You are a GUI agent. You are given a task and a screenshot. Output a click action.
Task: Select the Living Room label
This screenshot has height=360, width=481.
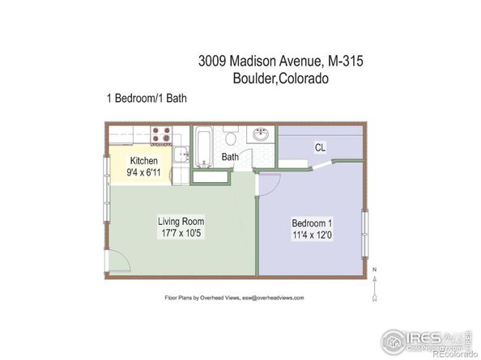[180, 221]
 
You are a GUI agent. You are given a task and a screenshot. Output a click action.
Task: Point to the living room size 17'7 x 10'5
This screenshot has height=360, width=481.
[180, 234]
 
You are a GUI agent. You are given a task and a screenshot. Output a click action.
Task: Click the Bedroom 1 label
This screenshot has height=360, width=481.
[312, 223]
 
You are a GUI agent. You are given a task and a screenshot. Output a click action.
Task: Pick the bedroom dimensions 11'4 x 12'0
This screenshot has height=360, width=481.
[312, 235]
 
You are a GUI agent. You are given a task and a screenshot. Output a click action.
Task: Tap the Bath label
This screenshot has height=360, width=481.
[231, 157]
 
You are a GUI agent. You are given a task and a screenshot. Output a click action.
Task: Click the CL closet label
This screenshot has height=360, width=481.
[321, 147]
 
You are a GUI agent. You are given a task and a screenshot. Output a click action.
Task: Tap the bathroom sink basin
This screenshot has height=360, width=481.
[260, 135]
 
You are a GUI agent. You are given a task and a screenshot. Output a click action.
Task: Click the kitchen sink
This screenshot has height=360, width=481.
[181, 154]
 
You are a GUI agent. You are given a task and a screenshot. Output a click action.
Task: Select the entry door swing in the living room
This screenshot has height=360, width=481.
[118, 260]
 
